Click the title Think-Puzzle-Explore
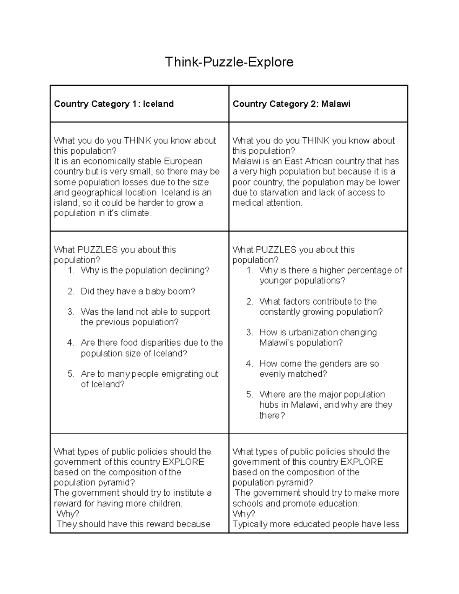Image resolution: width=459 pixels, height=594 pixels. [229, 62]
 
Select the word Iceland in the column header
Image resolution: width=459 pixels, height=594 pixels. [158, 104]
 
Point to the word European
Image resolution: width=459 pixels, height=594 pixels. [183, 161]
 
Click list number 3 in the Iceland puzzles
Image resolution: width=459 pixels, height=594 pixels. [71, 312]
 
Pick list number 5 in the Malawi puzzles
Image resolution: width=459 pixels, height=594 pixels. [250, 395]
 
